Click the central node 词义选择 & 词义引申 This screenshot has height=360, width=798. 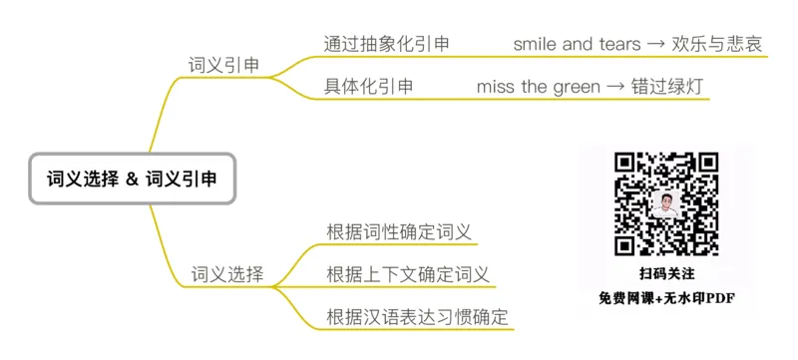pos(132,179)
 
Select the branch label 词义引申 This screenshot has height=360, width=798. pos(224,65)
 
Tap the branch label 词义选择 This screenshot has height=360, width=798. pos(227,274)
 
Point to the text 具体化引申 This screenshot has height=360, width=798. pos(368,86)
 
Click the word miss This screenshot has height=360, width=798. pos(496,87)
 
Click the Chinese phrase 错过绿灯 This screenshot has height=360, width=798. pos(667,87)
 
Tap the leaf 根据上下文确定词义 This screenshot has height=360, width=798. pos(408,274)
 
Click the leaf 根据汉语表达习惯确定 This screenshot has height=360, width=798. pos(417,317)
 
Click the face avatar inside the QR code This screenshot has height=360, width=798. pos(666,204)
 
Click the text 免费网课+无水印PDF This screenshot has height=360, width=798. pos(666,297)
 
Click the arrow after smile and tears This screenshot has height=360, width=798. pos(661,44)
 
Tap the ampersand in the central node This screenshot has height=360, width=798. pos(132,180)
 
